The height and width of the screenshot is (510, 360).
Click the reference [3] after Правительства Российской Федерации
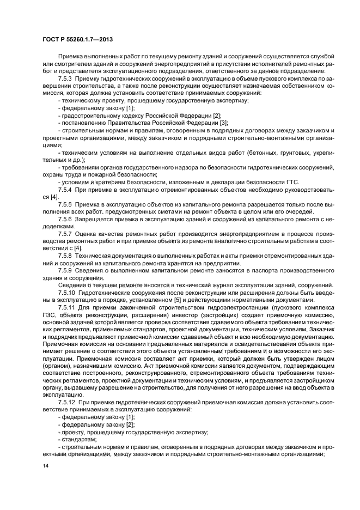[223, 123]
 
